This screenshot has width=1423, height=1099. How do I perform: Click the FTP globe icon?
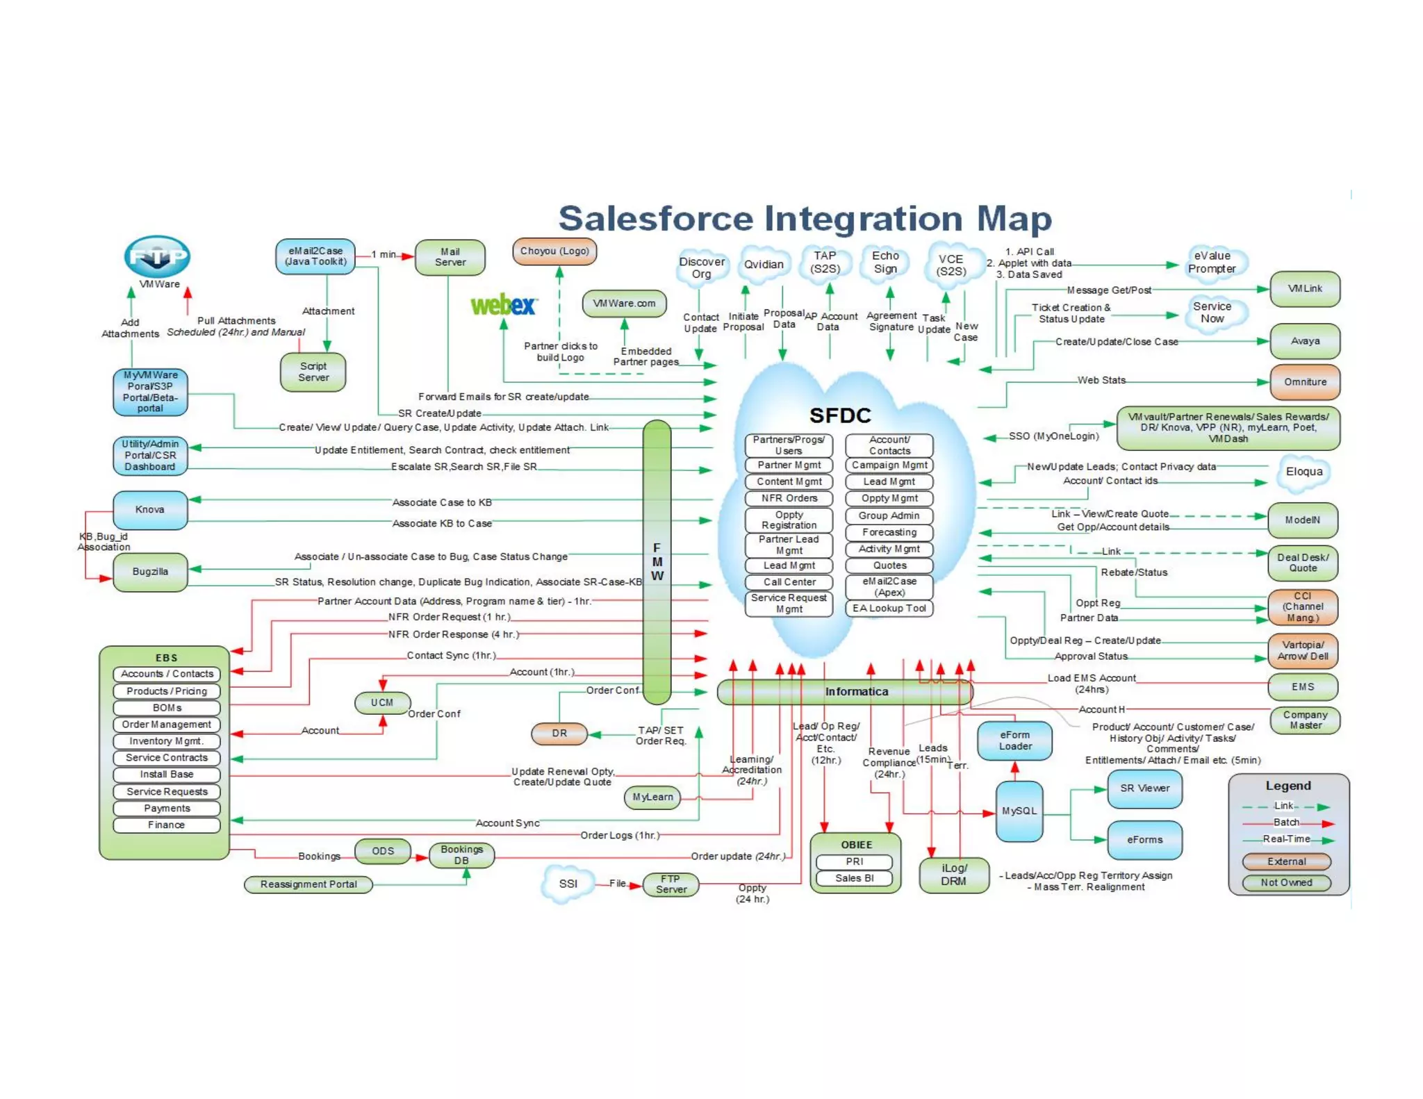pos(157,256)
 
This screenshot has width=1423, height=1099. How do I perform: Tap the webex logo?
pos(503,304)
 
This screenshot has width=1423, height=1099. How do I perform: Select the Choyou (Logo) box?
pos(554,251)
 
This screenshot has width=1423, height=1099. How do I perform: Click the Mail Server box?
pos(450,257)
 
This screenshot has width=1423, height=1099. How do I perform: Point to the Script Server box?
pos(313,372)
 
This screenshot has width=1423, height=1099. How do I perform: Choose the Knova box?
pos(150,510)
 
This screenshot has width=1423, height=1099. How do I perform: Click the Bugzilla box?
pos(150,572)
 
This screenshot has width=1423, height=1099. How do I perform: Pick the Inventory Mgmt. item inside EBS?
pos(166,741)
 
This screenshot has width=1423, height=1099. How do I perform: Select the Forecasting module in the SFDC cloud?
pos(889,532)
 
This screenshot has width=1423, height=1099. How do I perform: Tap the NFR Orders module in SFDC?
pos(789,498)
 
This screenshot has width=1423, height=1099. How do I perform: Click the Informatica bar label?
pos(856,691)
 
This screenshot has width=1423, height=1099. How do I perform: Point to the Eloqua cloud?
pos(1303,472)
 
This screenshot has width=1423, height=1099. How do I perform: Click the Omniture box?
pos(1305,382)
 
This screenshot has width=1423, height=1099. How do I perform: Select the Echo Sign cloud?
pos(885,263)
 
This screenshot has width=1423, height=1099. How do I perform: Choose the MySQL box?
pos(1019,811)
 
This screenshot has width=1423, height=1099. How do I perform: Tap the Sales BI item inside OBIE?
pos(854,878)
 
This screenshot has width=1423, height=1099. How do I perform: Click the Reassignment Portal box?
pos(309,884)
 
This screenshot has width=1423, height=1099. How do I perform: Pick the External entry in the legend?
pos(1286,861)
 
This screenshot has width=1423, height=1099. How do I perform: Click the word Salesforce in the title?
pos(656,218)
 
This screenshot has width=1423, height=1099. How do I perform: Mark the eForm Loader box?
pos(1014,741)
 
